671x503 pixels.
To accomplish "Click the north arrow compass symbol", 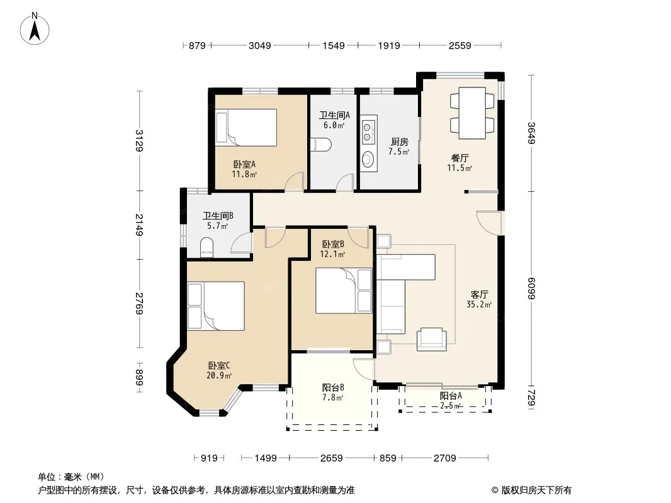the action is click(35, 29).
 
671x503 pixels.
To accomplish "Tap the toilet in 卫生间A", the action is click(320, 145).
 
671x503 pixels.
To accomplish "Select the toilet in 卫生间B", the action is click(206, 248).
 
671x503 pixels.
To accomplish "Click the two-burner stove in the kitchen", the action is click(367, 132).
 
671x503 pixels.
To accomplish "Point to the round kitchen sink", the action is click(368, 160).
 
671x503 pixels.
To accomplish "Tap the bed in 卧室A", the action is click(246, 128).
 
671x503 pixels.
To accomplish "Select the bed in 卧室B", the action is click(344, 290).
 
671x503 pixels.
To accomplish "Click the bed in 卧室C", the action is click(216, 306).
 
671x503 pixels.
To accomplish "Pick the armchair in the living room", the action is click(431, 340).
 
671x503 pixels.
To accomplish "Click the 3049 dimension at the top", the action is click(260, 45).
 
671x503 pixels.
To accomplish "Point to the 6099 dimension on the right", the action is click(531, 289).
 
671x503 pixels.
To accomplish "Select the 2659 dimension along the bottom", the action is click(332, 458).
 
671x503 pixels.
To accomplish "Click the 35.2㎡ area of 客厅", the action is click(479, 305).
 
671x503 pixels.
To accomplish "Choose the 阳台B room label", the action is click(333, 387).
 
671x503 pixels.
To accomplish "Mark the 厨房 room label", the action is click(400, 142).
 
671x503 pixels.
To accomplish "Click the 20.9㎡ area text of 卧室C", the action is click(219, 375).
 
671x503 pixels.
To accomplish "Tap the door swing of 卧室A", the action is click(295, 181).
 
